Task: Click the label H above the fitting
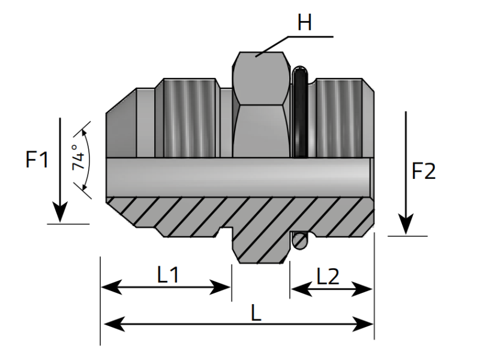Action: (x=305, y=23)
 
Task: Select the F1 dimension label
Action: (x=37, y=160)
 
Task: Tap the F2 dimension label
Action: (x=424, y=172)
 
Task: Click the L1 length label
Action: (x=168, y=275)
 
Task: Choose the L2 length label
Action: (x=328, y=277)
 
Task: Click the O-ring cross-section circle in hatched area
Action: (x=300, y=241)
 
